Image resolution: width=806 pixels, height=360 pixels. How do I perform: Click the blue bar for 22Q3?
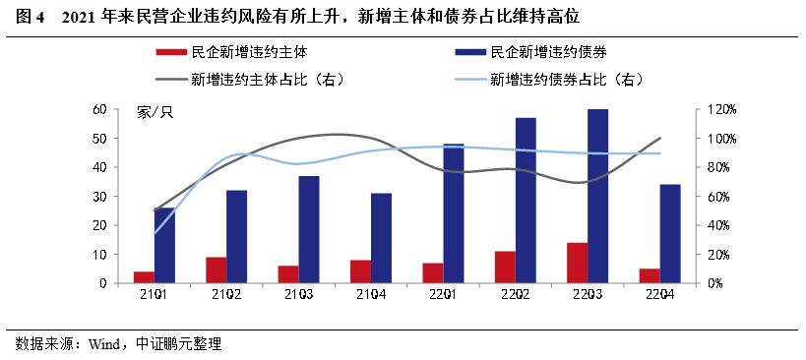coord(598,197)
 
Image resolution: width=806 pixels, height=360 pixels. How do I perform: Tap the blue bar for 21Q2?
coord(236,237)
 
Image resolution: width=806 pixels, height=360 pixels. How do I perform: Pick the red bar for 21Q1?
coord(144,277)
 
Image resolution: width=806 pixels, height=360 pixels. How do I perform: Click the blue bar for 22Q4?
coord(670,234)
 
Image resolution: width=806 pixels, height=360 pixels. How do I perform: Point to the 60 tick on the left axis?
coord(99,109)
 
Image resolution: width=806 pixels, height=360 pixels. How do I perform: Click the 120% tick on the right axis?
coord(713,109)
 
